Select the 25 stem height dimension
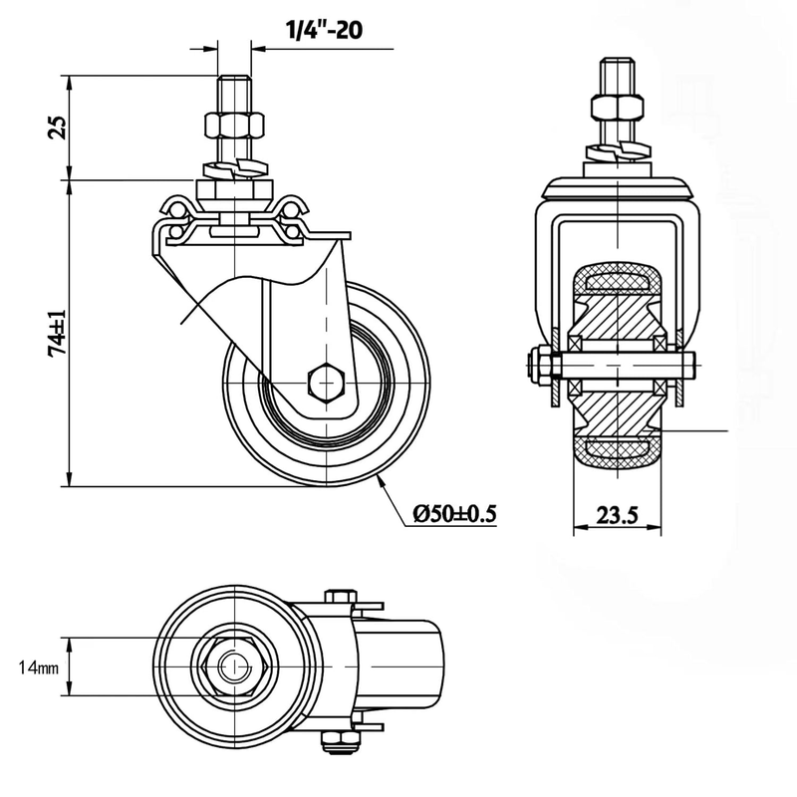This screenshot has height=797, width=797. (57, 127)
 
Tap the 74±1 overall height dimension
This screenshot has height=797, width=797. (57, 333)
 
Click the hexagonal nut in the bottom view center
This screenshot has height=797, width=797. (230, 665)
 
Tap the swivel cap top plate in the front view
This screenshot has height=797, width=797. (619, 185)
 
